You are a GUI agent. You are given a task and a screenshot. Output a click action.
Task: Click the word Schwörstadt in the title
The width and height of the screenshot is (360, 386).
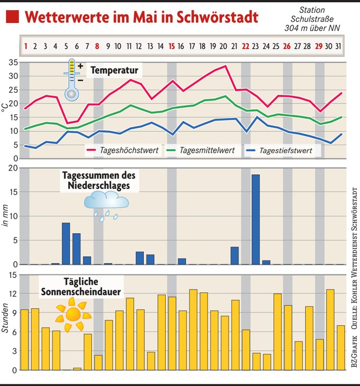point(211,17)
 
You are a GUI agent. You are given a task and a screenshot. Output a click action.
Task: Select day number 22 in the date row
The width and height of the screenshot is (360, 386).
point(246,46)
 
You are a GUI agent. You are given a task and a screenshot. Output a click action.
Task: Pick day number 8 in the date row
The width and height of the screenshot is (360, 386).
point(98,46)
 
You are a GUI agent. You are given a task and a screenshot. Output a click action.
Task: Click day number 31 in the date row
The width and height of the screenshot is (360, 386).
point(337,46)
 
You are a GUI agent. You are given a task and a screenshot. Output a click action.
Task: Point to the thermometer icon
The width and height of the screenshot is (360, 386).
point(72,80)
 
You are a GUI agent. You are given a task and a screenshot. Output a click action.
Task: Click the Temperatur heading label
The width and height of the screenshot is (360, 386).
point(114,70)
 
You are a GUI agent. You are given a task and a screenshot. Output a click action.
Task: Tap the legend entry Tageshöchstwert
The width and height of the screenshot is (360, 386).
point(129,151)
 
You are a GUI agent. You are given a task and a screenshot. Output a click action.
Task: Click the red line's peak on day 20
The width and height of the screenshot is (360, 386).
point(225,66)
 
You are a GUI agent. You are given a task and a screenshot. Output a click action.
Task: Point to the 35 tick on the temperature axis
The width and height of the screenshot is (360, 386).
point(12,62)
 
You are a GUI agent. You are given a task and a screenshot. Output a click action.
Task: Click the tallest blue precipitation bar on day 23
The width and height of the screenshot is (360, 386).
point(256,219)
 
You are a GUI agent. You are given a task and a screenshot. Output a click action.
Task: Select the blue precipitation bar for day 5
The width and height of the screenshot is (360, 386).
point(66,243)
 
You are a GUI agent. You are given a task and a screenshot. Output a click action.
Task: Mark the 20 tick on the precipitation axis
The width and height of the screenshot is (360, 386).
point(12,168)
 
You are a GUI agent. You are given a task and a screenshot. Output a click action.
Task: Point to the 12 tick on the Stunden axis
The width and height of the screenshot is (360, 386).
point(12,294)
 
